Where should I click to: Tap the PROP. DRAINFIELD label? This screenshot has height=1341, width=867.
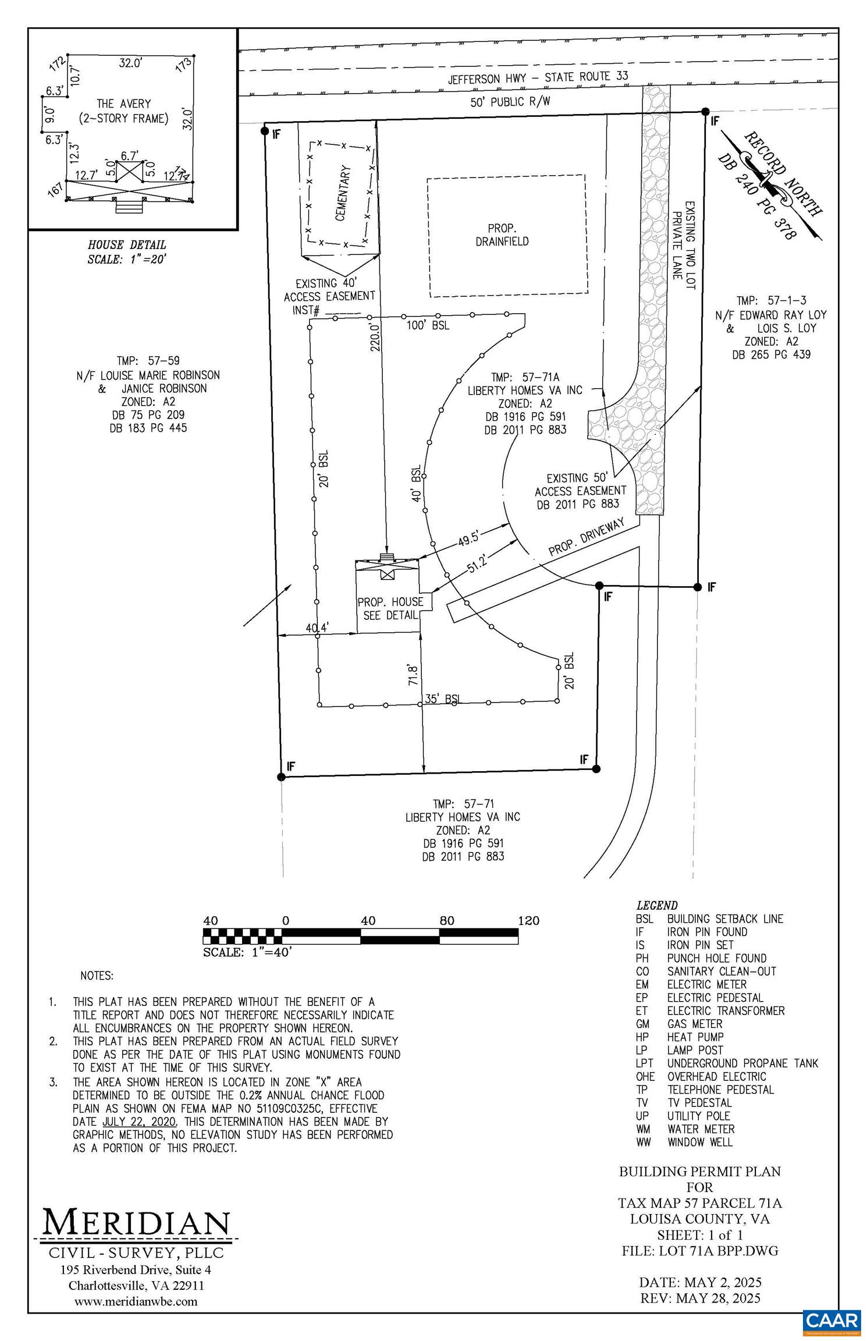tap(502, 235)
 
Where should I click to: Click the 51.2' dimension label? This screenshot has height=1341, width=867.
tap(476, 564)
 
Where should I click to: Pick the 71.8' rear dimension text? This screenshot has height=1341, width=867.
tap(413, 672)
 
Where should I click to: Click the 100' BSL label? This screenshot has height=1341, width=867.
tap(428, 325)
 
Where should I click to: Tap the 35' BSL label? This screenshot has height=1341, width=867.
tap(442, 698)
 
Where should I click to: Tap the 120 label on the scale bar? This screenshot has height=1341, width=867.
tap(528, 921)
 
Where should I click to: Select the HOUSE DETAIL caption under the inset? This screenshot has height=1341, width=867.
tap(127, 245)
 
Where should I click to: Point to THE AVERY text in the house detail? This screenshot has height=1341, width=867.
tap(123, 104)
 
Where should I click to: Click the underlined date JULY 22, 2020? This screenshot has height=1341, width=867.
tap(139, 1122)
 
